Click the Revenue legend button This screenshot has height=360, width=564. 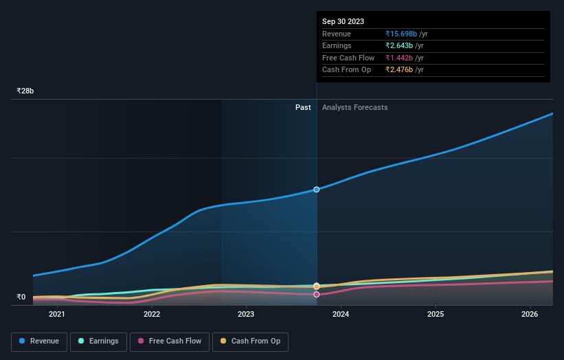[39, 341]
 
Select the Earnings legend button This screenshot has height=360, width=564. [98, 341]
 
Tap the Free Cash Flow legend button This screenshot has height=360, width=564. [170, 341]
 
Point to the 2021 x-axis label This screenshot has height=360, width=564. [57, 315]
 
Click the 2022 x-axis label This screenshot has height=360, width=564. [152, 315]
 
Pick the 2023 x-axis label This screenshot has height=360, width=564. [246, 315]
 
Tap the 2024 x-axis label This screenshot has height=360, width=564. [341, 315]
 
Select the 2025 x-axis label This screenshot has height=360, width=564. [436, 315]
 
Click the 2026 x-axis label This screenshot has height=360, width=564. [530, 315]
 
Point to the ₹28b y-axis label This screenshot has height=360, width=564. [25, 91]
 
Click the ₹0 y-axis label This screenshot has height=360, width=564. [21, 297]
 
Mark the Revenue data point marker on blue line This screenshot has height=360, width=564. [317, 189]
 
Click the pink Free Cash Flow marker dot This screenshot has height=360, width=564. [317, 294]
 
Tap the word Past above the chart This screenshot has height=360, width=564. [303, 107]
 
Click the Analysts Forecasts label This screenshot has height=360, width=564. [354, 107]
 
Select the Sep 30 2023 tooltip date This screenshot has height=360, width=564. [343, 21]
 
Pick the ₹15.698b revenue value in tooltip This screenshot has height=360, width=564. [406, 34]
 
